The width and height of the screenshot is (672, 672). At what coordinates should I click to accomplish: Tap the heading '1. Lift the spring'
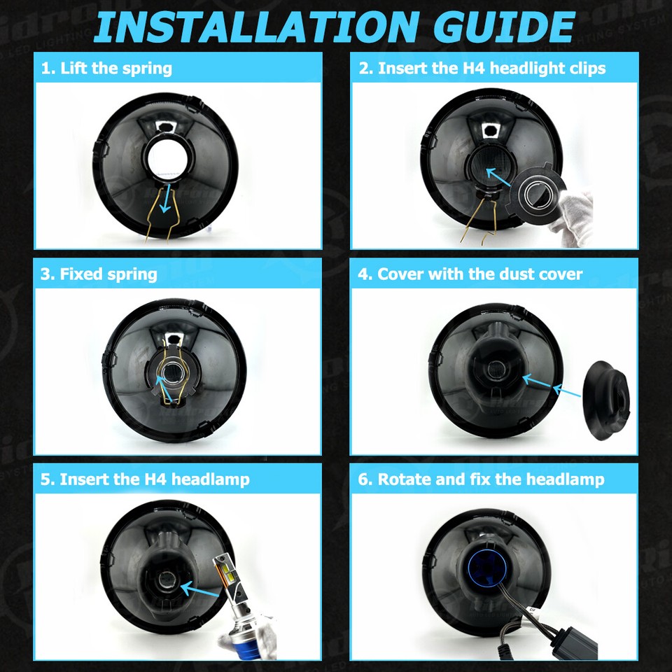coord(106,68)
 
